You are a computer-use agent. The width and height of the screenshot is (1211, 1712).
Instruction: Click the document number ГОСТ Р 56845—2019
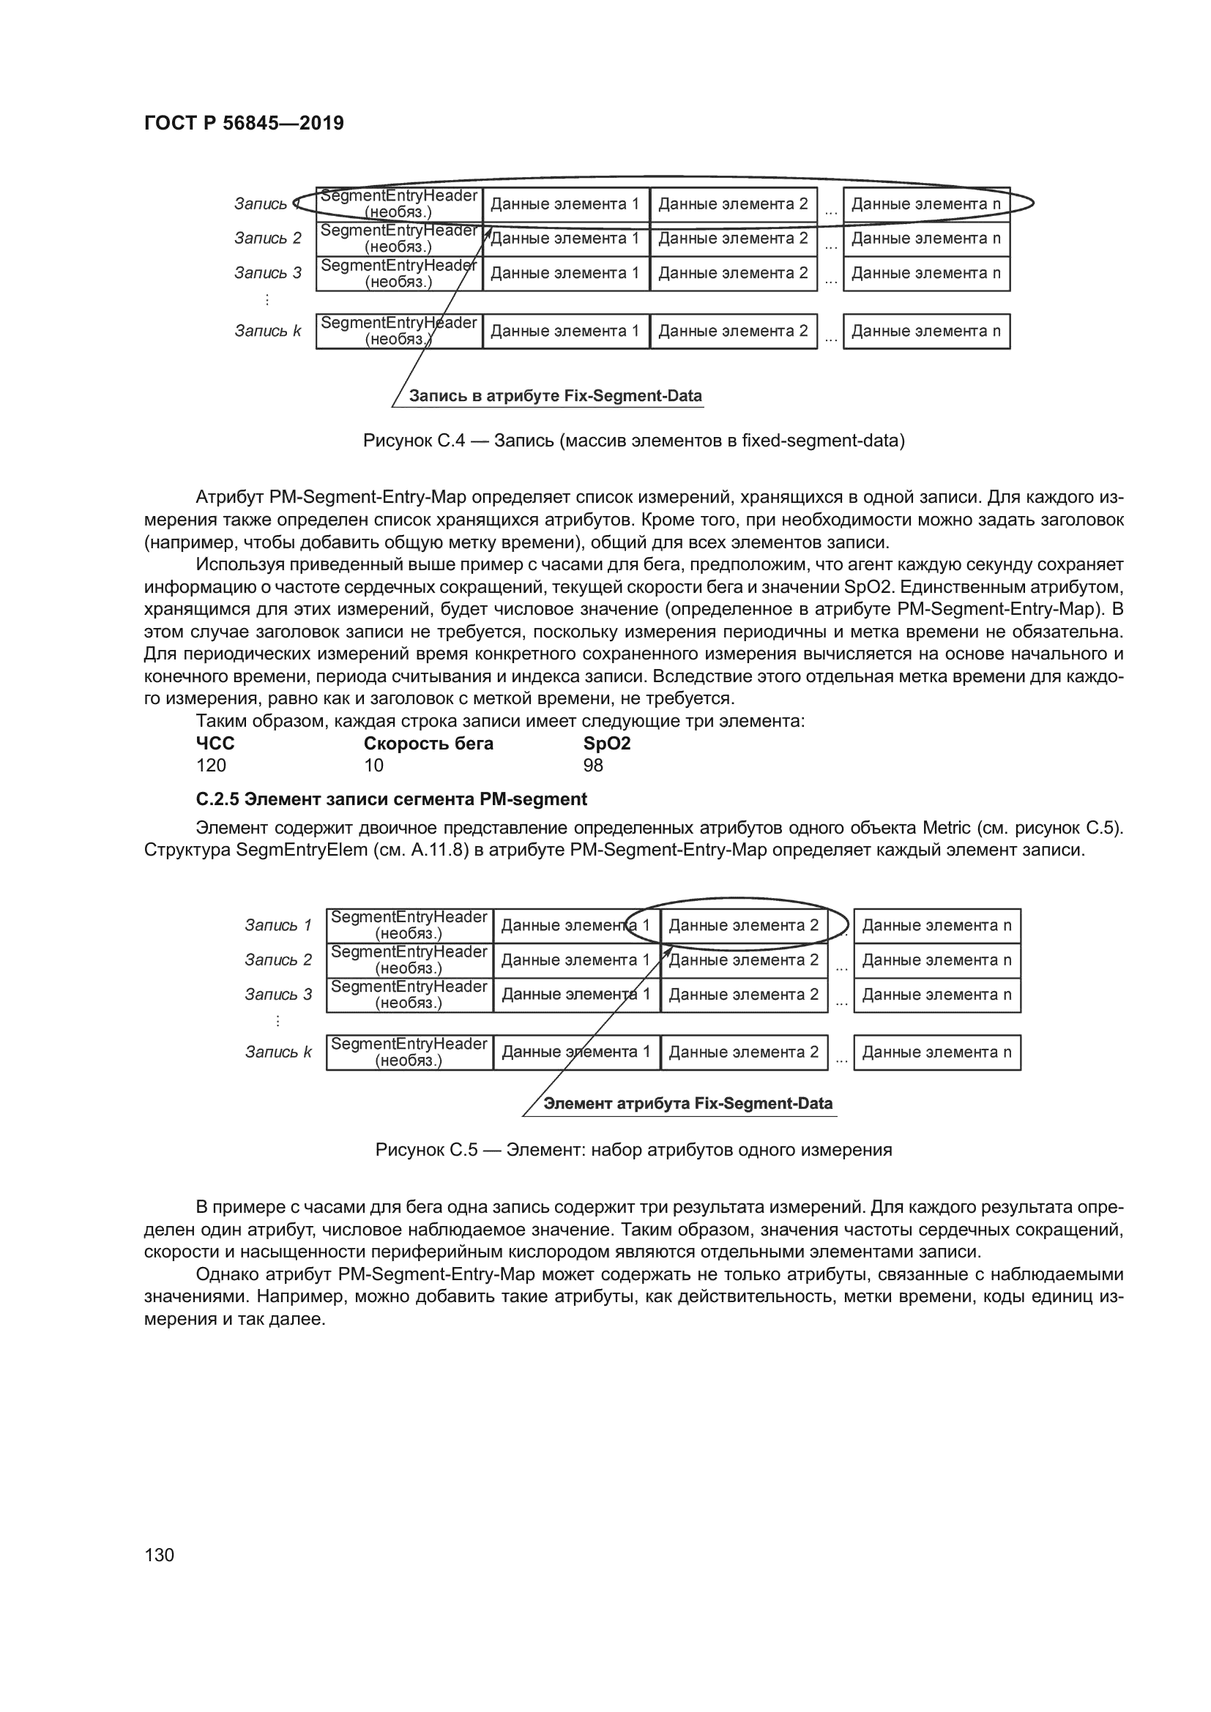[x=244, y=123]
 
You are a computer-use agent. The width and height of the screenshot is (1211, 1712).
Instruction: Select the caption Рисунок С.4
[x=633, y=441]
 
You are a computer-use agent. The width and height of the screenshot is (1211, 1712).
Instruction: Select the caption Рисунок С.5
[x=633, y=1150]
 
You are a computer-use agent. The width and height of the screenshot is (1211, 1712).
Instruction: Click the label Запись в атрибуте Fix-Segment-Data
[x=555, y=396]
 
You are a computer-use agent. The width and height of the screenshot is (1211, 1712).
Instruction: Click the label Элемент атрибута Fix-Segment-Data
[x=688, y=1104]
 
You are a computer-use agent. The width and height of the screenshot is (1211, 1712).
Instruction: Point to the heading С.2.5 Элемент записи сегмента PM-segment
[x=391, y=799]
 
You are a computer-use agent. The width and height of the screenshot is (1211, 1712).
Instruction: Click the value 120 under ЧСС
[x=211, y=765]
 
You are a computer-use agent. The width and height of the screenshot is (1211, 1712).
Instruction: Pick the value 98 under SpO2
[x=593, y=765]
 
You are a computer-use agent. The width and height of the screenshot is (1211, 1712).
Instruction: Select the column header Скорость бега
[x=428, y=744]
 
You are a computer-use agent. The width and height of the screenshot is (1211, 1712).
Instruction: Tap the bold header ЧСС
[x=215, y=744]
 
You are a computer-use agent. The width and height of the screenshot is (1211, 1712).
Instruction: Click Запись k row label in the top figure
[x=268, y=331]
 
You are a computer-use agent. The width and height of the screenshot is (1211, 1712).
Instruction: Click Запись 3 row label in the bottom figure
[x=278, y=995]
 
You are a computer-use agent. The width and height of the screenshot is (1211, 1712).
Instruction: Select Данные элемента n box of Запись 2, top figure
[x=926, y=239]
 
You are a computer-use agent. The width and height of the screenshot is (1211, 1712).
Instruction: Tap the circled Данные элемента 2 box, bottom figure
[x=743, y=925]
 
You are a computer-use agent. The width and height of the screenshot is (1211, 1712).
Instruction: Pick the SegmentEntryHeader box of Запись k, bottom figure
[x=409, y=1052]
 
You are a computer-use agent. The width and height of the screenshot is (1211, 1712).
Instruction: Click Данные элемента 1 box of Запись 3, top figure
[x=565, y=273]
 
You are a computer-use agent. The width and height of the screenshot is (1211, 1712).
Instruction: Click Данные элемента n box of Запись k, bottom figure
[x=936, y=1052]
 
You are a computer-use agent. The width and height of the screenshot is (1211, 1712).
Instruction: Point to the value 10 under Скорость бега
[x=373, y=765]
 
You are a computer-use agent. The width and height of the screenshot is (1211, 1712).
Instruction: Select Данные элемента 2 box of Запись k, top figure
[x=733, y=331]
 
